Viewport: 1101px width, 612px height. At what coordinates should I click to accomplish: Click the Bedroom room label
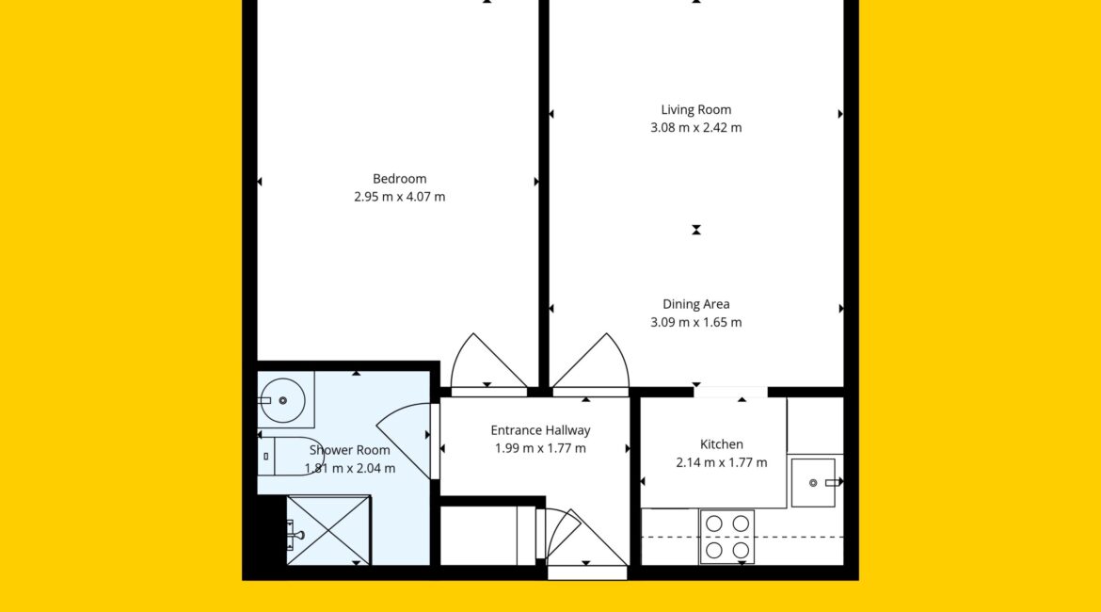pyautogui.click(x=400, y=179)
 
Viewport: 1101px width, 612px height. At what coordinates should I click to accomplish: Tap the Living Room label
pyautogui.click(x=695, y=109)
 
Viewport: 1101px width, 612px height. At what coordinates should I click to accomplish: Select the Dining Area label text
pyautogui.click(x=695, y=304)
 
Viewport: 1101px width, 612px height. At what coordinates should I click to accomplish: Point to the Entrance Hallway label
pyautogui.click(x=541, y=430)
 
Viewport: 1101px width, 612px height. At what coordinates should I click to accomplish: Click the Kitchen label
pyautogui.click(x=721, y=444)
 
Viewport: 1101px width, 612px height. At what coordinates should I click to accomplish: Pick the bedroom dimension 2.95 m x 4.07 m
pyautogui.click(x=400, y=197)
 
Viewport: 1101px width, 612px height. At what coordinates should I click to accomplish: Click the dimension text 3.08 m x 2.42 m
pyautogui.click(x=695, y=128)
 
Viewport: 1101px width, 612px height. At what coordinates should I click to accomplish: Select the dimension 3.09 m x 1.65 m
pyautogui.click(x=695, y=323)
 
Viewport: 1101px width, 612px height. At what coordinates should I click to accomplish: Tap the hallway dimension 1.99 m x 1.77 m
pyautogui.click(x=541, y=448)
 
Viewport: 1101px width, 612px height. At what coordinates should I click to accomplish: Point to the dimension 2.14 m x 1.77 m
pyautogui.click(x=721, y=462)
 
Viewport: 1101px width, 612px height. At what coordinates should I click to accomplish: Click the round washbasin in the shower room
pyautogui.click(x=283, y=400)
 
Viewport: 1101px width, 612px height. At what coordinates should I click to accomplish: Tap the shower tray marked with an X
pyautogui.click(x=328, y=530)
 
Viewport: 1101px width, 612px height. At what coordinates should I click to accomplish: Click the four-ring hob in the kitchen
pyautogui.click(x=726, y=537)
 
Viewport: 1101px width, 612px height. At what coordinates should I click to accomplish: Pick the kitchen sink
pyautogui.click(x=814, y=483)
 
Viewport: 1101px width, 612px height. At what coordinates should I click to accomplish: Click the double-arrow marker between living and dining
pyautogui.click(x=695, y=230)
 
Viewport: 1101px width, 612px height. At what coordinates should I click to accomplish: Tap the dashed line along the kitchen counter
pyautogui.click(x=742, y=538)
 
